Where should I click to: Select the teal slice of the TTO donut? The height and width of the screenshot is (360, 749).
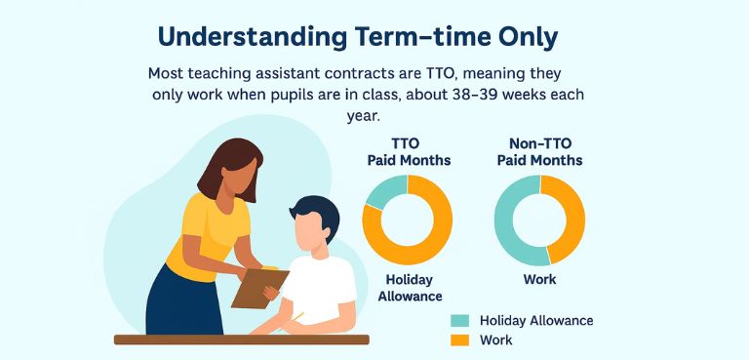tap(385, 191)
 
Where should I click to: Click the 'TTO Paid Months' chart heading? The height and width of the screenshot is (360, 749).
tap(408, 151)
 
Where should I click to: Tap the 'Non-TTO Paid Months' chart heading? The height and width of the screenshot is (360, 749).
tap(539, 151)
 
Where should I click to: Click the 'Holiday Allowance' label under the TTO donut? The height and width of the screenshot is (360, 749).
tap(409, 288)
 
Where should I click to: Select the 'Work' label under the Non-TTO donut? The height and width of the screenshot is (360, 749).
tap(539, 280)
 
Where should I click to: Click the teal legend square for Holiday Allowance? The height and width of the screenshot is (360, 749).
tap(458, 321)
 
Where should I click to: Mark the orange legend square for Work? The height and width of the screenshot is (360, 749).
tap(458, 340)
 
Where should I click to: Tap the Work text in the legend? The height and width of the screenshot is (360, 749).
tap(496, 340)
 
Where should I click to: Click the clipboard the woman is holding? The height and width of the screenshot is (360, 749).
tap(259, 287)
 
